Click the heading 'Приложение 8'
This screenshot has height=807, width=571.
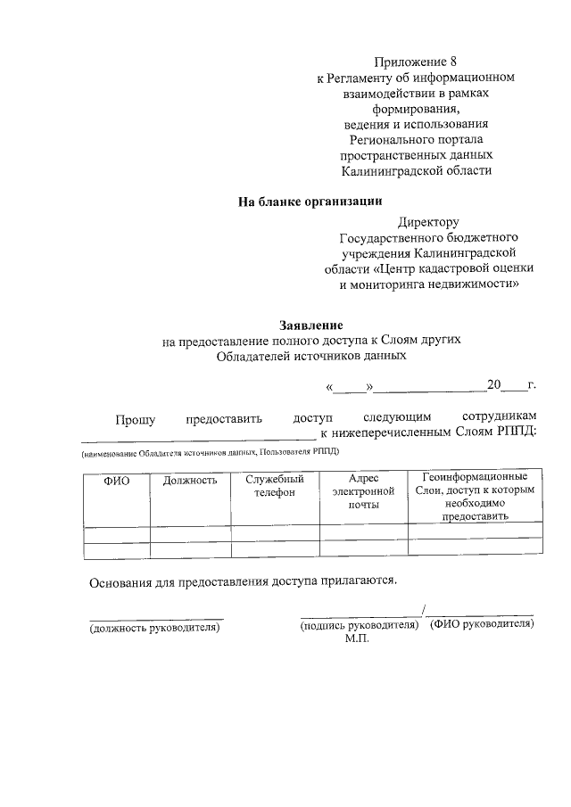pyautogui.click(x=415, y=62)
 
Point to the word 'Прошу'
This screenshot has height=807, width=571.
pyautogui.click(x=134, y=417)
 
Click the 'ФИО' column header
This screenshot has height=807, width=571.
pyautogui.click(x=117, y=481)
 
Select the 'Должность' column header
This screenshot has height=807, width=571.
pyautogui.click(x=190, y=481)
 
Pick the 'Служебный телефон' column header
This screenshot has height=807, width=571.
pyautogui.click(x=275, y=486)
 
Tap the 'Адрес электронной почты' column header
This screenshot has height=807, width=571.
pyautogui.click(x=363, y=491)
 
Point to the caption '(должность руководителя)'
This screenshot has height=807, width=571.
pyautogui.click(x=153, y=627)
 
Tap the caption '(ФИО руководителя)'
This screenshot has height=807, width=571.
pyautogui.click(x=482, y=624)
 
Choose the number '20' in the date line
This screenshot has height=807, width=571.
pyautogui.click(x=494, y=385)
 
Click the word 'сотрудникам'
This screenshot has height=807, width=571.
pyautogui.click(x=501, y=417)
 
